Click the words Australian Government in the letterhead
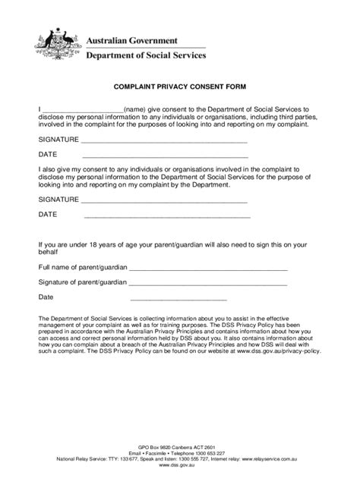(x=131, y=39)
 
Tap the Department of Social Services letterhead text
(x=142, y=55)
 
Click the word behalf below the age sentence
(x=49, y=253)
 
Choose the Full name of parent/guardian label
(x=82, y=268)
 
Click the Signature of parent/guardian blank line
(x=208, y=285)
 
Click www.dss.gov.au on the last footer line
(x=179, y=466)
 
